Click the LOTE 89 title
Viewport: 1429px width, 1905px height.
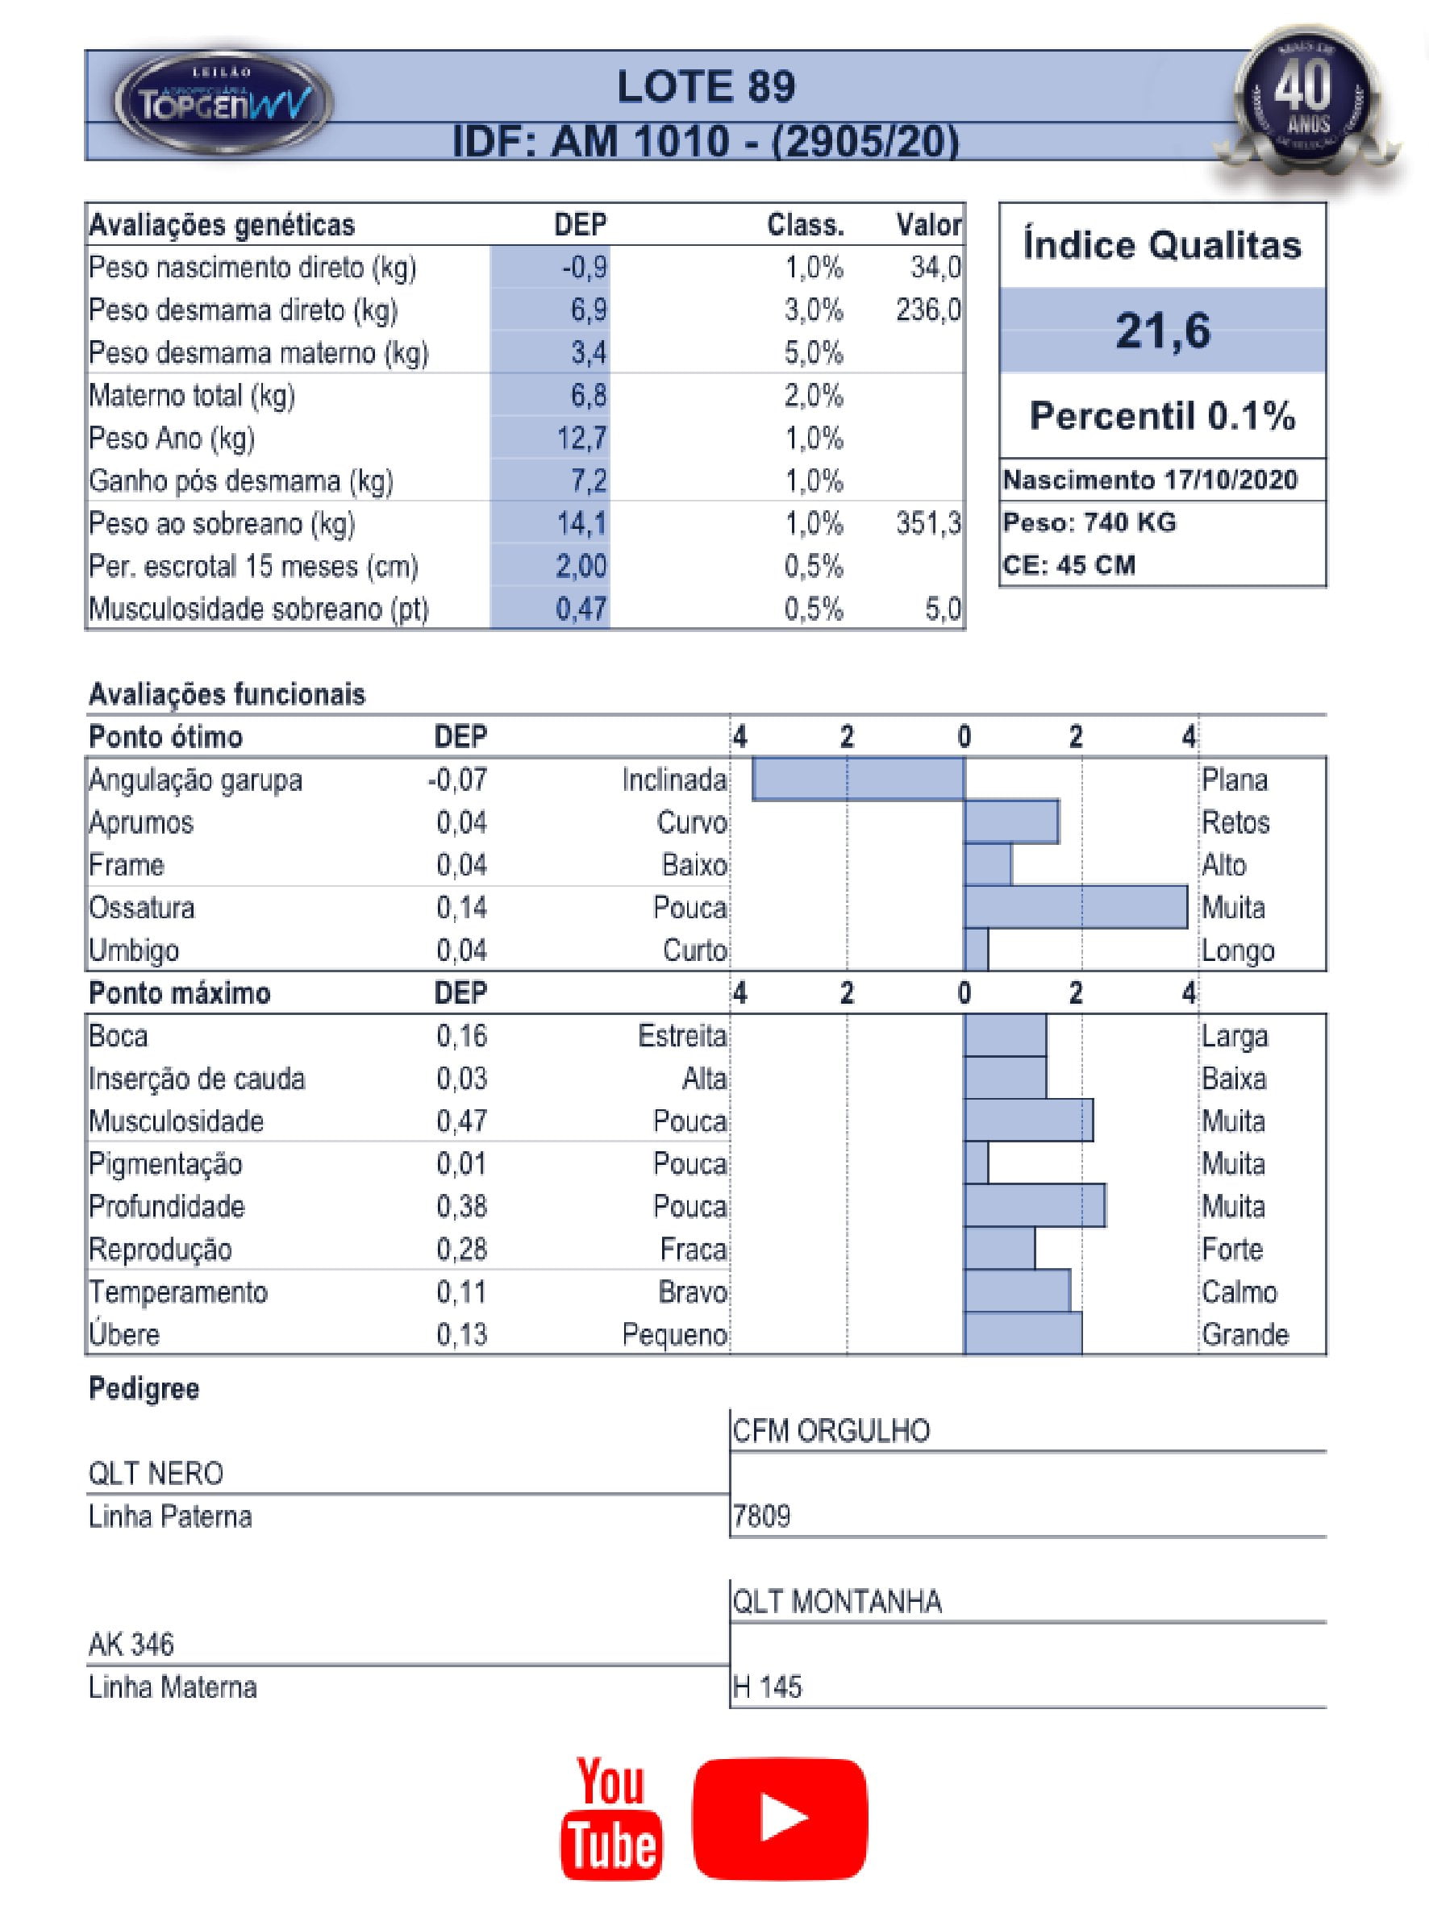coord(706,87)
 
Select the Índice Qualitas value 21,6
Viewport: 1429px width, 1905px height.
coord(1162,331)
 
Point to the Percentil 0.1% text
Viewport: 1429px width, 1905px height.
coord(1162,416)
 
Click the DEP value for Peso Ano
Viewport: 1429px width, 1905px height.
coord(581,439)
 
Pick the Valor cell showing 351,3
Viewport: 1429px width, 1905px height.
coord(927,524)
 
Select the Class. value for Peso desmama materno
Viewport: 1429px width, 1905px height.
coord(813,353)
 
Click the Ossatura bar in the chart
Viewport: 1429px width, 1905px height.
coord(1075,908)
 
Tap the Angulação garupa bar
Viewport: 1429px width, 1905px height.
coord(858,780)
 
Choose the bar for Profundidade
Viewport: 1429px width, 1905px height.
coord(1035,1206)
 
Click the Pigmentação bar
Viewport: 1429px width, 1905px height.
coord(976,1163)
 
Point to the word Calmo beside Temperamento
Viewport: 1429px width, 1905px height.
coord(1239,1291)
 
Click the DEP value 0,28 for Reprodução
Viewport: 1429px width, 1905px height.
coord(462,1249)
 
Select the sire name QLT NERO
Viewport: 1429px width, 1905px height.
coord(156,1474)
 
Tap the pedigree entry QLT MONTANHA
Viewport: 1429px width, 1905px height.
coord(837,1602)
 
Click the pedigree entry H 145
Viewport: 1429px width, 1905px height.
coord(767,1687)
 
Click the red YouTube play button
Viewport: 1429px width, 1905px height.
coord(780,1819)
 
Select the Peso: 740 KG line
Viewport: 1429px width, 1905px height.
coord(1089,522)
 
